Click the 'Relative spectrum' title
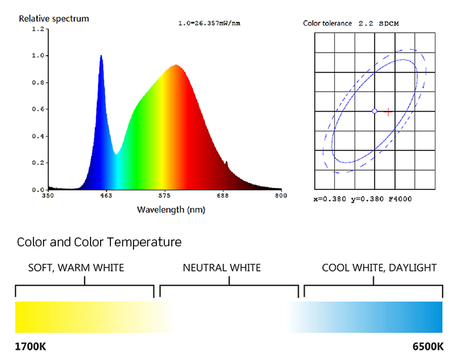click(x=54, y=19)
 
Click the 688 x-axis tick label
click(x=223, y=195)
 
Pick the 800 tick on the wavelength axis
click(x=280, y=195)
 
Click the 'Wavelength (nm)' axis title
click(x=171, y=210)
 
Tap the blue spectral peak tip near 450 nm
click(x=101, y=56)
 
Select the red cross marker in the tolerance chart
click(x=387, y=112)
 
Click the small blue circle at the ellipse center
click(x=375, y=112)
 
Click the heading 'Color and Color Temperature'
click(x=99, y=242)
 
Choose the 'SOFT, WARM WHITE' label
click(x=76, y=268)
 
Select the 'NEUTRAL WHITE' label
click(x=222, y=268)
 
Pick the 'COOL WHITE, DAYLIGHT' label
click(x=379, y=268)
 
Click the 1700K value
click(x=31, y=347)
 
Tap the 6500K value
click(x=427, y=347)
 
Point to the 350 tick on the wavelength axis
click(x=48, y=195)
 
